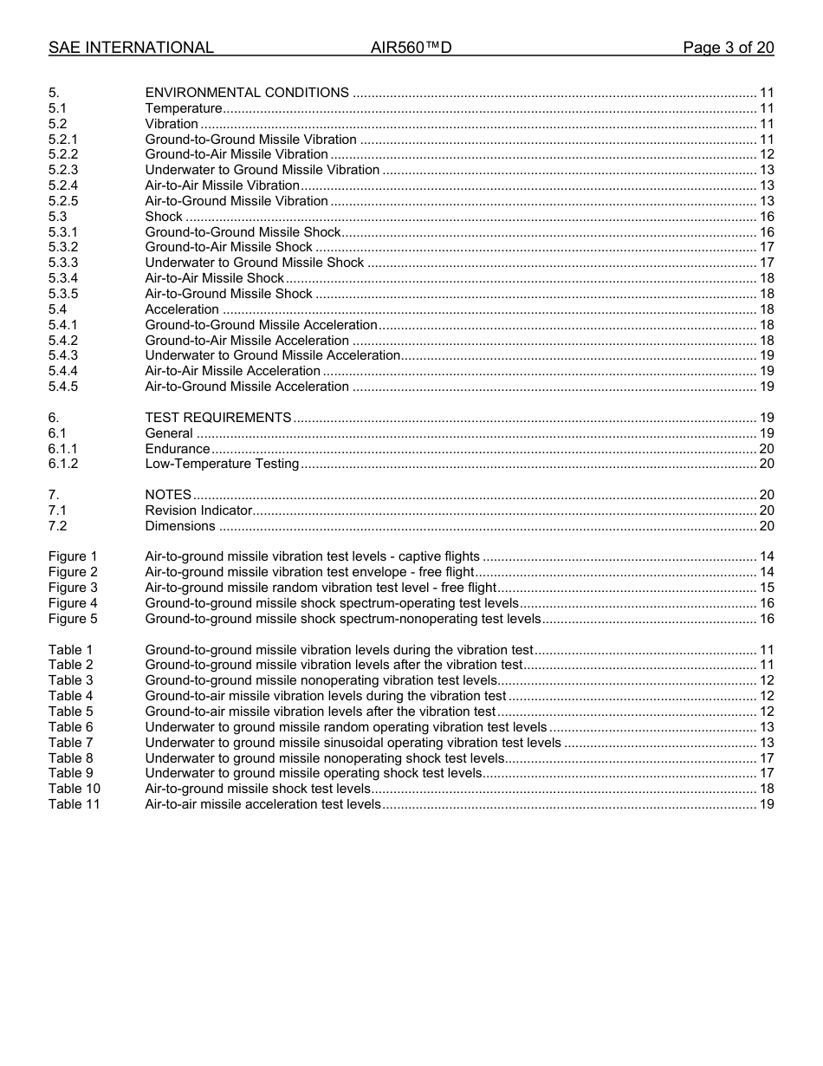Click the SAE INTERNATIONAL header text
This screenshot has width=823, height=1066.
point(131,48)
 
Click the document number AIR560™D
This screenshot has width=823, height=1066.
point(411,48)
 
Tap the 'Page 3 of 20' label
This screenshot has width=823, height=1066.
point(728,48)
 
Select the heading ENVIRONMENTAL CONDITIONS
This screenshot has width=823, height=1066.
point(247,93)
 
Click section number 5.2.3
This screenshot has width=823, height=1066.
point(63,170)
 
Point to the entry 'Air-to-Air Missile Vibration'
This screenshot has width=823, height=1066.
point(222,185)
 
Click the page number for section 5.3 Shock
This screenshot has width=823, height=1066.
point(766,217)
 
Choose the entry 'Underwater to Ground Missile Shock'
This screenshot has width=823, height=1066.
point(254,263)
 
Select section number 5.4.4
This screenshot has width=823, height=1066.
point(63,371)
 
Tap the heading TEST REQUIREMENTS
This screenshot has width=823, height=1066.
point(217,418)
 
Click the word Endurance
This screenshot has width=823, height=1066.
point(177,449)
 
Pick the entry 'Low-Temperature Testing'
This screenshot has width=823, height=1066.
point(222,464)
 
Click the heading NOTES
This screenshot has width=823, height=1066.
point(168,495)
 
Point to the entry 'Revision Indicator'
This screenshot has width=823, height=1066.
point(198,510)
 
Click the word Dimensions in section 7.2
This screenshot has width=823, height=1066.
point(180,526)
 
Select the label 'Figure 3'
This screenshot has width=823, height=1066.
point(73,588)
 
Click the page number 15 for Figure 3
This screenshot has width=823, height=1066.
point(766,588)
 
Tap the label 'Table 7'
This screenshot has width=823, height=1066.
point(70,743)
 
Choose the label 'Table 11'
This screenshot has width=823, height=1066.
point(74,804)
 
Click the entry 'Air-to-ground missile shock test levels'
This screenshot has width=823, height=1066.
point(257,789)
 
